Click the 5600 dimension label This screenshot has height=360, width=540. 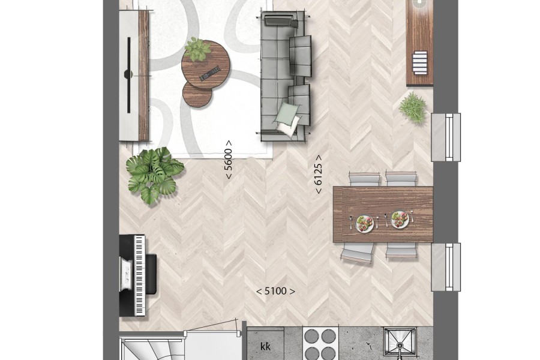229,160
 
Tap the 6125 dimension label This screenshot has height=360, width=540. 319,174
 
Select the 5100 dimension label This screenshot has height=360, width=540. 275,292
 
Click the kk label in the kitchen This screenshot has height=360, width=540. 265,347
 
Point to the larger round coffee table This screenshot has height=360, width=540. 206,65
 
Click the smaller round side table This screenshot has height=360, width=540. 197,94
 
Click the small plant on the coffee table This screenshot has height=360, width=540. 197,49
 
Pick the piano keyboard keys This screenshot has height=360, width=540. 139,275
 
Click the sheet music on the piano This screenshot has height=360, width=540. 126,274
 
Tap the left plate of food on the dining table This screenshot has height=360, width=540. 364,223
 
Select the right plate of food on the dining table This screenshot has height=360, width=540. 400,220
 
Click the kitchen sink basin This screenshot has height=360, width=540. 400,343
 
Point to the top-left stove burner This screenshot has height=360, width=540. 311,335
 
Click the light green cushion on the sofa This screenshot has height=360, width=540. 287,112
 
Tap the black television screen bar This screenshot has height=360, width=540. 129,75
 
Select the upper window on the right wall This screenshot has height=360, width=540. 446,137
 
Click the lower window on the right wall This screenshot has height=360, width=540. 446,268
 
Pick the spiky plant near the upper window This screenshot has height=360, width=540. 413,107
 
